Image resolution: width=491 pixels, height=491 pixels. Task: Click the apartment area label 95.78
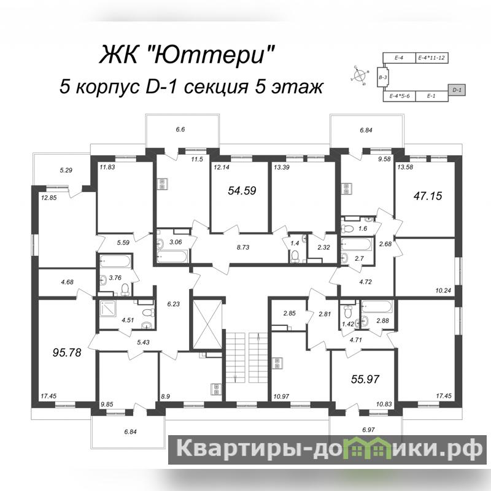coord(67,352)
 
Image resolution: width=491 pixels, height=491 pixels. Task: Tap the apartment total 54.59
coord(242,190)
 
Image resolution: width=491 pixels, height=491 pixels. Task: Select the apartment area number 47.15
coord(428,196)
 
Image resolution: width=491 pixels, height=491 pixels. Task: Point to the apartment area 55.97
coord(365,379)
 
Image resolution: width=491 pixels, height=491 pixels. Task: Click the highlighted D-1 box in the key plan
coord(457,90)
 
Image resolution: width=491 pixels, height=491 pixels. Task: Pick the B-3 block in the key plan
coord(382,77)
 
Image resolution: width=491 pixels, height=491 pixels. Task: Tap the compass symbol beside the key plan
coord(360,75)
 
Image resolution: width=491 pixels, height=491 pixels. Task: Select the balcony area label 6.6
coord(180,130)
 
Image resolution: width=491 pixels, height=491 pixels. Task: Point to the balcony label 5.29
coord(66,171)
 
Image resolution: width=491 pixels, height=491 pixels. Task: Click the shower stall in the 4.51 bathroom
coord(108,309)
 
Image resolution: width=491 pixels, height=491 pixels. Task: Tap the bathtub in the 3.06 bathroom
coord(172,257)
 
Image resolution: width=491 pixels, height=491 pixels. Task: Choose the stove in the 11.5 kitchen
coord(162,184)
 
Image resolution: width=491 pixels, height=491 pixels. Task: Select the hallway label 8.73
coord(243,247)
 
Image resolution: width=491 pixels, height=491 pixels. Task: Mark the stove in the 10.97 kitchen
coord(277,363)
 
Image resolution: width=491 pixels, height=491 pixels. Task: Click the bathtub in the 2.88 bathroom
coord(376,306)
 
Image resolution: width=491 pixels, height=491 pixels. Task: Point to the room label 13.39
coord(282,168)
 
